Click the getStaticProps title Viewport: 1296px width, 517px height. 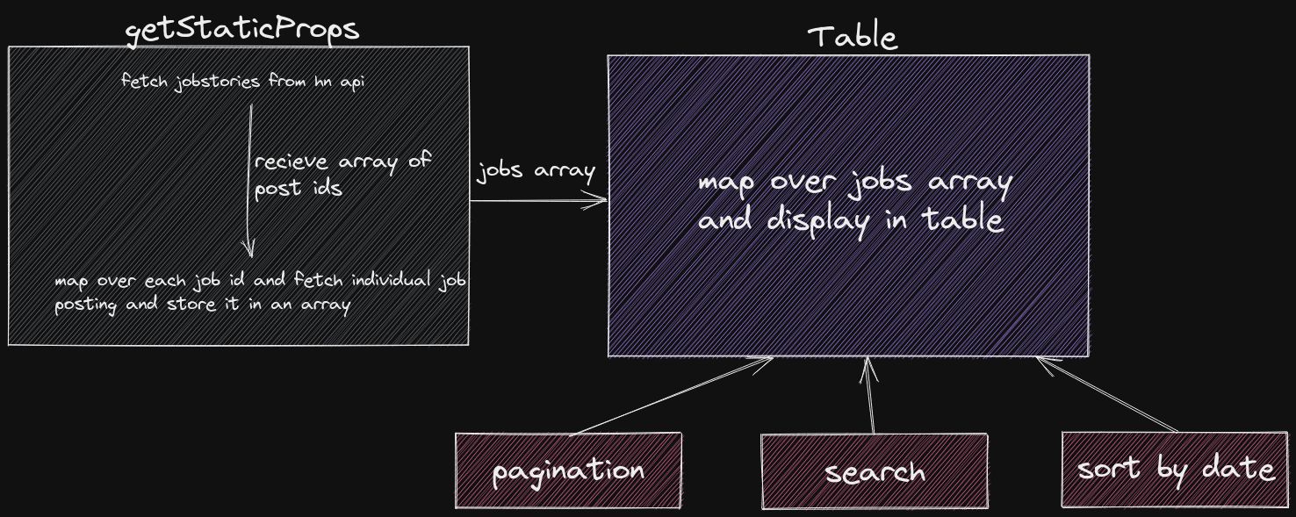point(241,30)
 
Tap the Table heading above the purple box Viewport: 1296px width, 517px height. point(853,37)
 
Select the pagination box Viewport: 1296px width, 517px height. point(568,470)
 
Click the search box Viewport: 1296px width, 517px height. point(875,472)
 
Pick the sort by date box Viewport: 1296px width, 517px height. point(1175,469)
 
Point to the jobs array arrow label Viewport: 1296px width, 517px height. point(536,171)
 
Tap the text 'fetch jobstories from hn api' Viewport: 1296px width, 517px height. point(243,81)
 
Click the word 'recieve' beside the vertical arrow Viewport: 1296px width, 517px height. point(291,162)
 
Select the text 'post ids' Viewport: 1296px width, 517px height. point(298,188)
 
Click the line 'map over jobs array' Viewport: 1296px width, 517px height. point(854,183)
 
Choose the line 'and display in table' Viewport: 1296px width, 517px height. point(851,220)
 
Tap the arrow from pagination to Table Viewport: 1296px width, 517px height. point(671,396)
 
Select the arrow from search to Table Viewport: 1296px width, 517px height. point(869,395)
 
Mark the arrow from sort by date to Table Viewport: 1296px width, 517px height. point(1107,394)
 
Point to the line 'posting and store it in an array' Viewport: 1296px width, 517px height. point(203,305)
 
